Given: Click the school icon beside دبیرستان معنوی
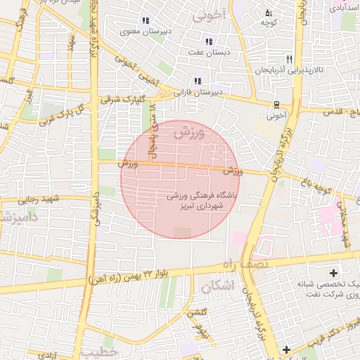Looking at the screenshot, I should (146, 20).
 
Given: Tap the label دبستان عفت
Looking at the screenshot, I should (205, 51).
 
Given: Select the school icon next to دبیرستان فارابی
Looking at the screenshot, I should (197, 81).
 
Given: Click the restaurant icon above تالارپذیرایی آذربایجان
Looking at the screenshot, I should (289, 59).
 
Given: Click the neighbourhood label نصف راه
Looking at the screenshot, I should (245, 264).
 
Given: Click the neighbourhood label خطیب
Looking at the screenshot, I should (101, 352).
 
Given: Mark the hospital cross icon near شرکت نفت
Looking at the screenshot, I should (333, 272).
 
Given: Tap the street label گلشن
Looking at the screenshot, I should (195, 311).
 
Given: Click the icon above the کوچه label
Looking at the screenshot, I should (267, 12).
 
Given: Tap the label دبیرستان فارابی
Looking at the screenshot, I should (223, 92).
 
